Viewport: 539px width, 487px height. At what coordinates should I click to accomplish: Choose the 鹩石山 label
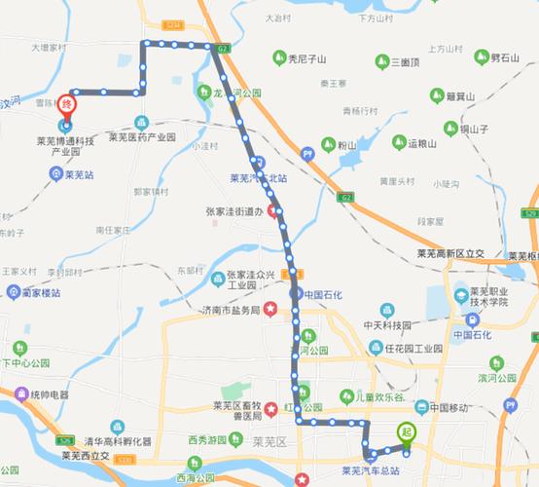502,58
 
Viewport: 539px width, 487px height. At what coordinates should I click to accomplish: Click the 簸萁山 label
458,96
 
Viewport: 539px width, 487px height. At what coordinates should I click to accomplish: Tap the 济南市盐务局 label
230,311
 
